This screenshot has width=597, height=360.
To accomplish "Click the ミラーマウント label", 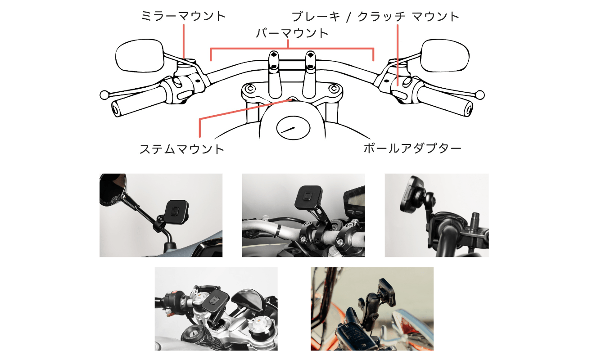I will click(x=183, y=17).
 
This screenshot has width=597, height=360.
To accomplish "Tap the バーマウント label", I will click(x=292, y=33).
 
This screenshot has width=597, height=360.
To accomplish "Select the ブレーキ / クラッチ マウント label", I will click(x=375, y=17).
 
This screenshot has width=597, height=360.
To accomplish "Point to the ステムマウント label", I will click(x=182, y=149).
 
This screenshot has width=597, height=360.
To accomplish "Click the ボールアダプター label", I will click(x=412, y=148).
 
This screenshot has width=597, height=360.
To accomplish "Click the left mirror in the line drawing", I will click(x=139, y=55).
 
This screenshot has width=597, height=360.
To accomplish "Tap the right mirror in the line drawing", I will click(x=443, y=55).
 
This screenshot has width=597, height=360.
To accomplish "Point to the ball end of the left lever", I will click(x=104, y=95).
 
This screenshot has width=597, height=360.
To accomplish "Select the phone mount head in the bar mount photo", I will click(x=305, y=195).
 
